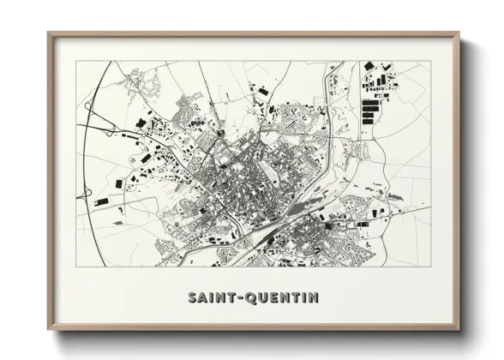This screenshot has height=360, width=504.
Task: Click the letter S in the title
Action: (191, 298)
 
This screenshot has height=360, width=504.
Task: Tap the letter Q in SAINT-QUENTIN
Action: (249, 298)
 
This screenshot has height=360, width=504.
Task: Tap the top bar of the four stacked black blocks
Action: (369, 103)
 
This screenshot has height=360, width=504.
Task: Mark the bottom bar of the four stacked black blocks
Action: (369, 122)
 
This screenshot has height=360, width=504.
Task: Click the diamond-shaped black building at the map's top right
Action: (369, 66)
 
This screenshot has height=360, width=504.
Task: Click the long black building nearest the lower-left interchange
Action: (101, 201)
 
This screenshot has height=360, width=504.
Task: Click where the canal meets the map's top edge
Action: (328, 63)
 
